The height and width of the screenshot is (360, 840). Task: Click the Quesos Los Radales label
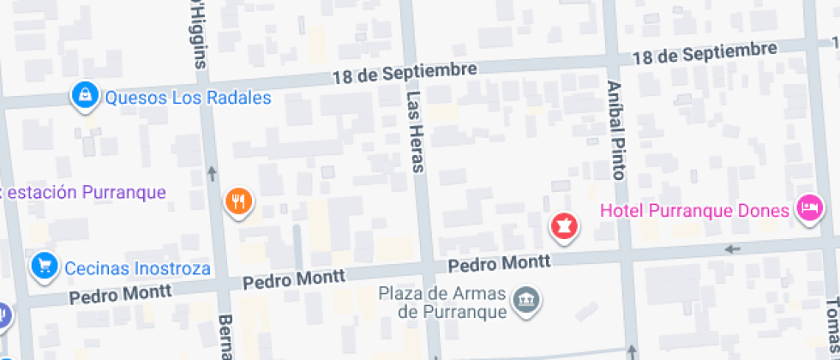[188, 98]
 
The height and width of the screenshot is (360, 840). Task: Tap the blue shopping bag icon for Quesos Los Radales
[84, 96]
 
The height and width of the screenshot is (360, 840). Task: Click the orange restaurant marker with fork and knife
[237, 201]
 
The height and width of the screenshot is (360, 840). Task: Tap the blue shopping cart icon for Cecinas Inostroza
[42, 266]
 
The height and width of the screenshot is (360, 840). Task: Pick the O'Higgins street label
[198, 34]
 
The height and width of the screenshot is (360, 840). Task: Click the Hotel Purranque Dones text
[693, 211]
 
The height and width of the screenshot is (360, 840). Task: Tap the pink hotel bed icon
[808, 207]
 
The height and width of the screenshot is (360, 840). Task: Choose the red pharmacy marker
[564, 226]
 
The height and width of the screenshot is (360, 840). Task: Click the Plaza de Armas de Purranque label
[441, 302]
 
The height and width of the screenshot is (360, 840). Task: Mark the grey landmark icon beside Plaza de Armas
[525, 299]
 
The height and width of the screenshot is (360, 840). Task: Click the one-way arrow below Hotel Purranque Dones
[732, 249]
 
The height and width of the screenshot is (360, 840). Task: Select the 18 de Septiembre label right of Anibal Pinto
[705, 54]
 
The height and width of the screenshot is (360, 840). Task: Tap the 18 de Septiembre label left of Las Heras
[404, 74]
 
